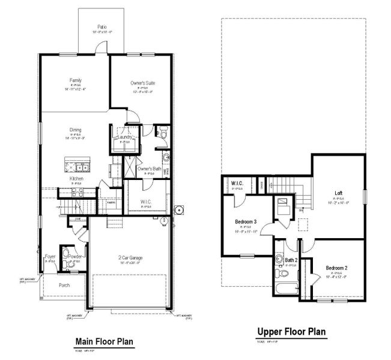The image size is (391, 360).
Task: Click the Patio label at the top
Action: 103,27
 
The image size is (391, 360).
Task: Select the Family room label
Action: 75,80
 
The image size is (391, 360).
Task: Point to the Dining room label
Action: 75,130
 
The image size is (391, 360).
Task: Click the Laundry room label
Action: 125,137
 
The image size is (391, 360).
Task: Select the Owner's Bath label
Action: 149,169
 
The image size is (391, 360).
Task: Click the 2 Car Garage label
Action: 130,257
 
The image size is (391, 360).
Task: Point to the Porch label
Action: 64,285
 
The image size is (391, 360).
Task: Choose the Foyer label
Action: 51,257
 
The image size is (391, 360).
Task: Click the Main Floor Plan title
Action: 104,341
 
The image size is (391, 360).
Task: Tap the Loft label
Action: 339,193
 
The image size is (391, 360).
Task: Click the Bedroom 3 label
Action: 246,221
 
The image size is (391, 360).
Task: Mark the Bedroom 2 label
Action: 337,267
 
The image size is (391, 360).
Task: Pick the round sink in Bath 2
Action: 279,260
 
